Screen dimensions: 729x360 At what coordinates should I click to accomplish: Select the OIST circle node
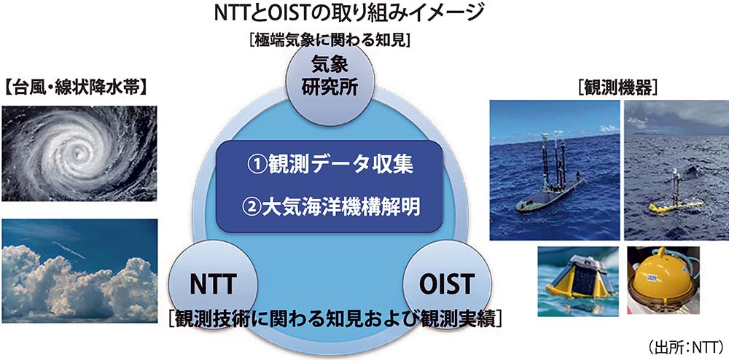click(447, 283)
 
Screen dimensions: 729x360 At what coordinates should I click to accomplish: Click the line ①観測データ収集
click(330, 167)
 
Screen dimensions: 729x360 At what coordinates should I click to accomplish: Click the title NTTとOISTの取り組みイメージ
click(346, 14)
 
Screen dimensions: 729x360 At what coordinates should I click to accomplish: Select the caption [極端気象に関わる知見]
click(330, 40)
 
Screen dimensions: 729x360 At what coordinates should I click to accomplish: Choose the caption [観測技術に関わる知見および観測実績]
click(335, 320)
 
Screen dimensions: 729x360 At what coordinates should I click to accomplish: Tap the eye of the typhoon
click(74, 152)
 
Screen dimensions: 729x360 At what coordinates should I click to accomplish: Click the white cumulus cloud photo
click(79, 271)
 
